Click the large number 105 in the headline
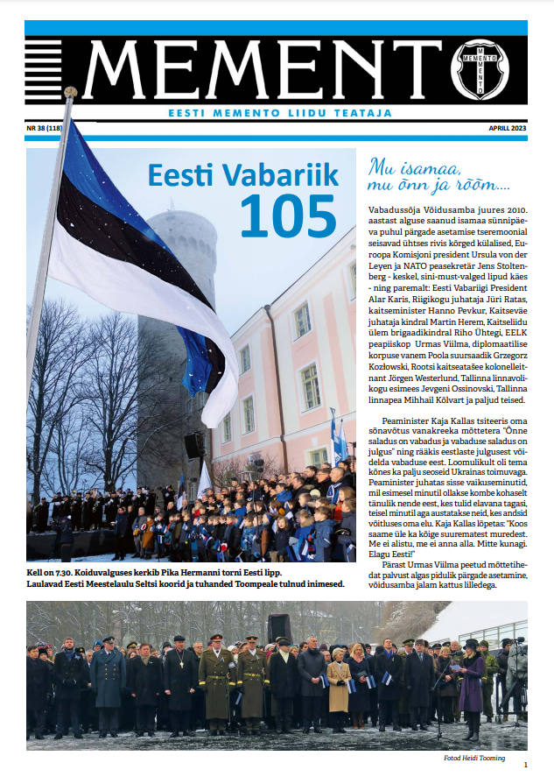pos(288,215)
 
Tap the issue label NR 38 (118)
pos(50,128)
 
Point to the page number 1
pos(525,765)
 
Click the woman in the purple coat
pos(472,692)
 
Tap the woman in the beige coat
pos(339,692)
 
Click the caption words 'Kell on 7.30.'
pos(55,571)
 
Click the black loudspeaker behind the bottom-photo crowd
pos(279,627)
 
